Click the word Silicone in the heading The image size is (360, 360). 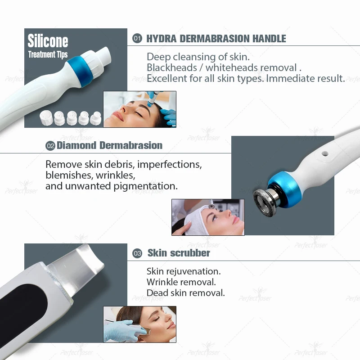[48, 41]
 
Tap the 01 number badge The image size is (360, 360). [137, 39]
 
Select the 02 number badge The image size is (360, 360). [50, 146]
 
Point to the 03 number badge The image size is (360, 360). [137, 253]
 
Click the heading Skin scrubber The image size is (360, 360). [179, 253]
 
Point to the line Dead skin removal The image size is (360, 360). [185, 293]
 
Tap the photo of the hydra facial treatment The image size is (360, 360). [139, 109]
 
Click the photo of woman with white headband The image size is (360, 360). [207, 217]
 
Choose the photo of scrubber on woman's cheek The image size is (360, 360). [139, 324]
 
